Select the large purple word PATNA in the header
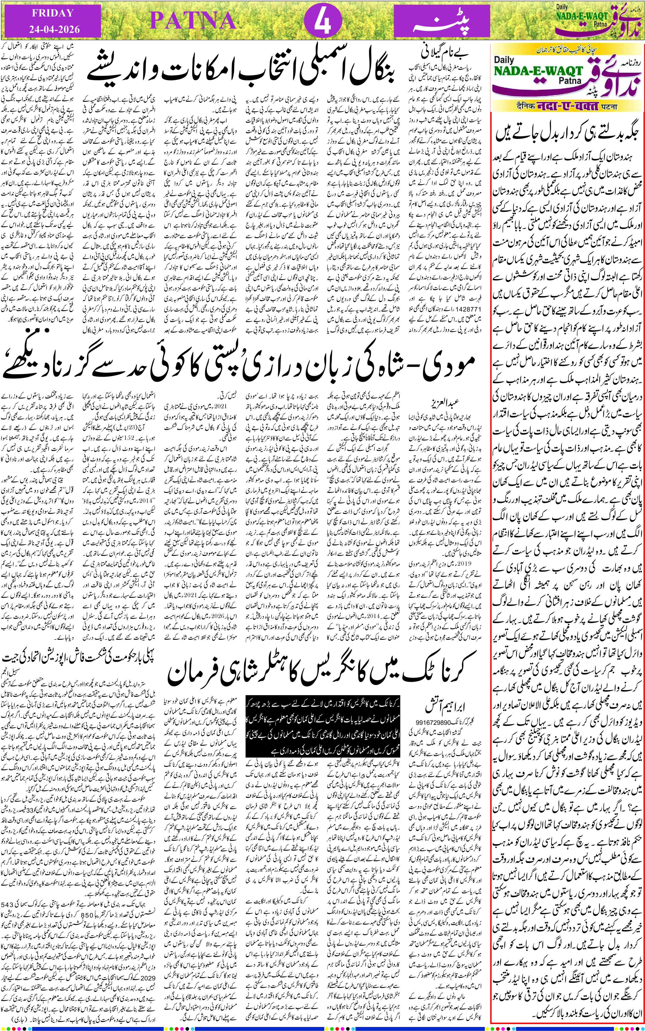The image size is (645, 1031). (193, 20)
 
